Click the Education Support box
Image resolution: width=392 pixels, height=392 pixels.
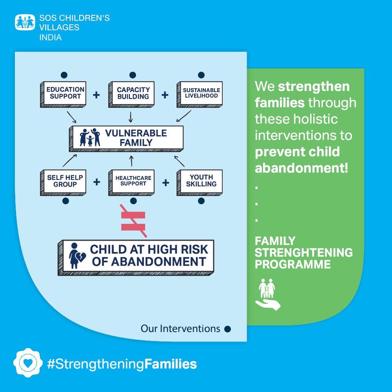(64, 93)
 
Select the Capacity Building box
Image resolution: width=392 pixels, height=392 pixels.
(132, 93)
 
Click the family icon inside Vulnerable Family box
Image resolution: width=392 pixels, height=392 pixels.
(90, 137)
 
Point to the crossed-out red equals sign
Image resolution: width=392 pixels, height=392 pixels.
(133, 221)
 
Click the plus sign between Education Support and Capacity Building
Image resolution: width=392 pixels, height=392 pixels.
(96, 95)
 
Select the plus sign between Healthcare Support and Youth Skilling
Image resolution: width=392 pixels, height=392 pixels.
(165, 183)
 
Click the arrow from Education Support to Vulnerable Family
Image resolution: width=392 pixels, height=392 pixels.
(71, 116)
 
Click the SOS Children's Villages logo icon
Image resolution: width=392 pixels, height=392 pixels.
(25, 22)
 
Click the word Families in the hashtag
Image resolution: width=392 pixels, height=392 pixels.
(171, 364)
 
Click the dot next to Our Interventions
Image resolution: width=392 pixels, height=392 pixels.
(227, 329)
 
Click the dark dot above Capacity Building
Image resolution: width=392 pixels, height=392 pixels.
(132, 75)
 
